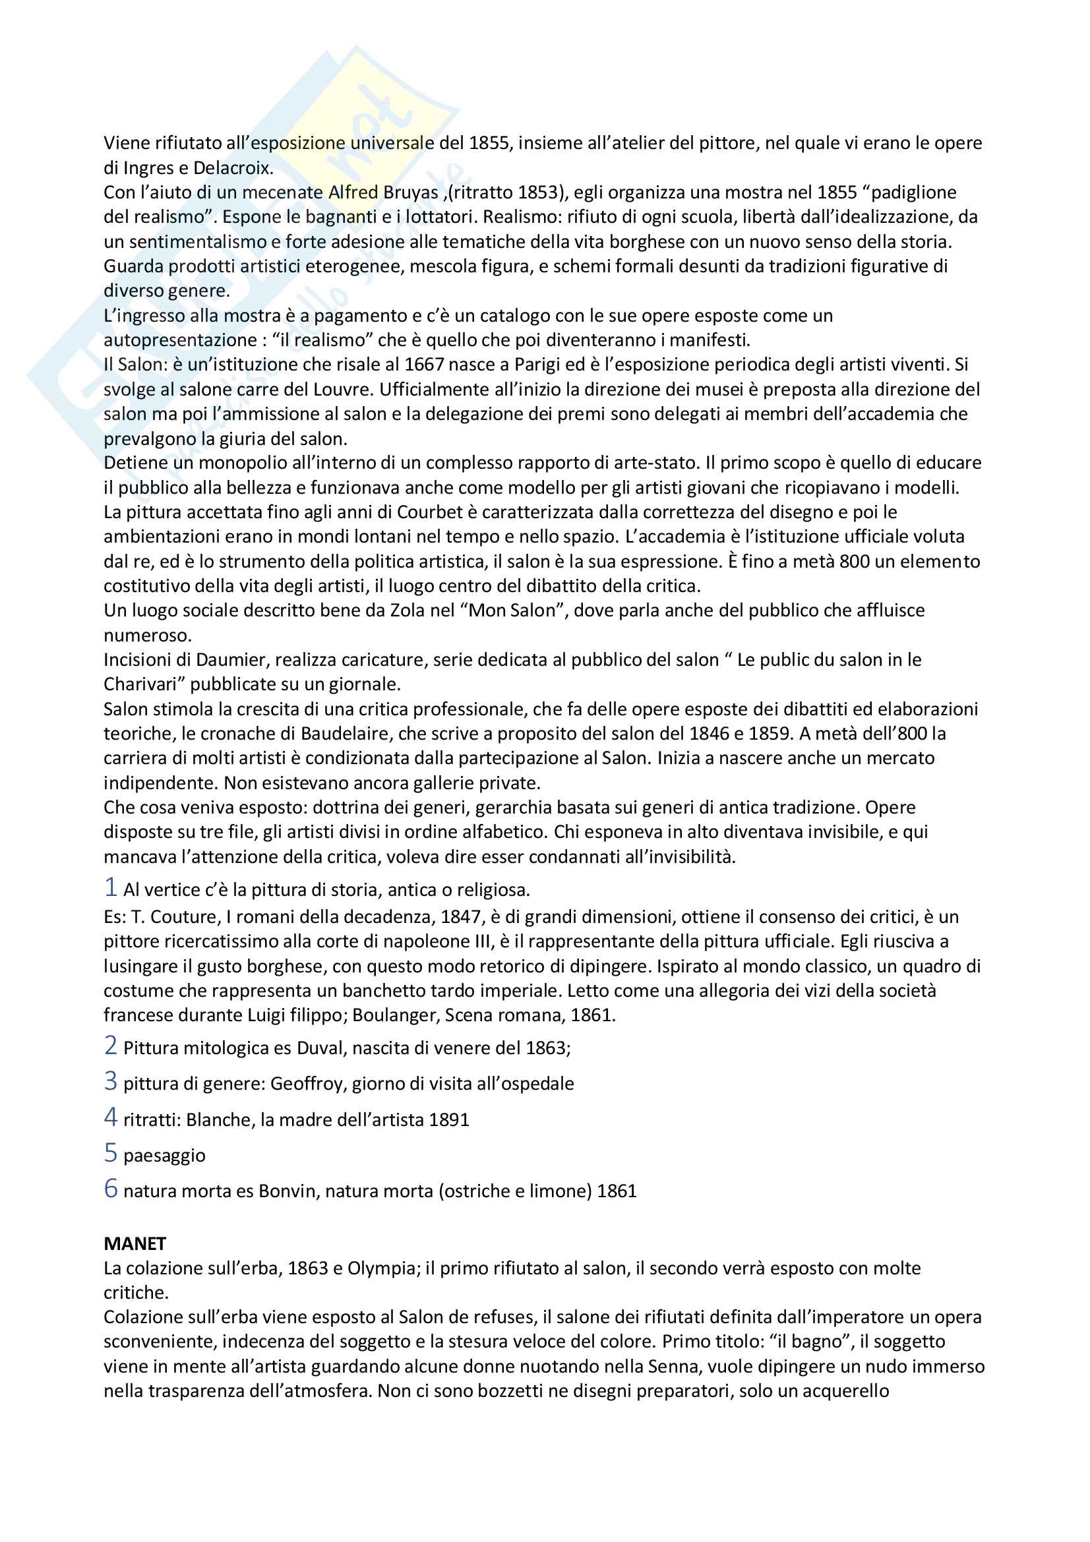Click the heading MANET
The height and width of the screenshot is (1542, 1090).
135,1244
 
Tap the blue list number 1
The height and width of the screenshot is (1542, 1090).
111,887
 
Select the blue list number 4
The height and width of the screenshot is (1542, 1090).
111,1117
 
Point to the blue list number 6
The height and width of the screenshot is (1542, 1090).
111,1189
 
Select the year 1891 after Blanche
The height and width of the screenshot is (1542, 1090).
448,1120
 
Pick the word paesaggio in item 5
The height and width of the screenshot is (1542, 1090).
165,1156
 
